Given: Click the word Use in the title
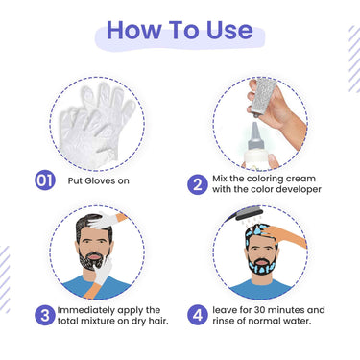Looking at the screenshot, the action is click(229, 30).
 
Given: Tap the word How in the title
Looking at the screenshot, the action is click(134, 30).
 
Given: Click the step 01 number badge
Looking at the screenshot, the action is click(45, 180).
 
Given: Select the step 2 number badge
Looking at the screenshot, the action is click(198, 184).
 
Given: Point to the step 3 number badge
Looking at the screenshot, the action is click(45, 315).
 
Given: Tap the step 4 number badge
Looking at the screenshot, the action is click(198, 315).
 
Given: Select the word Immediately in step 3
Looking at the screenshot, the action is click(86, 310).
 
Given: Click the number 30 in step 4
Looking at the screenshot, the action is click(259, 310).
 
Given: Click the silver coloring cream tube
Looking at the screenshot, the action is click(263, 96).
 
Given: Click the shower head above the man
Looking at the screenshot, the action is click(246, 213).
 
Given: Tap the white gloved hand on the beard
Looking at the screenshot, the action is click(104, 272).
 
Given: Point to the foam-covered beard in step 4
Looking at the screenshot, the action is click(261, 266).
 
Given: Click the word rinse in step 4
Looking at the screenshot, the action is click(224, 321).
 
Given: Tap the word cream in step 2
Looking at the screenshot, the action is click(300, 179).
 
